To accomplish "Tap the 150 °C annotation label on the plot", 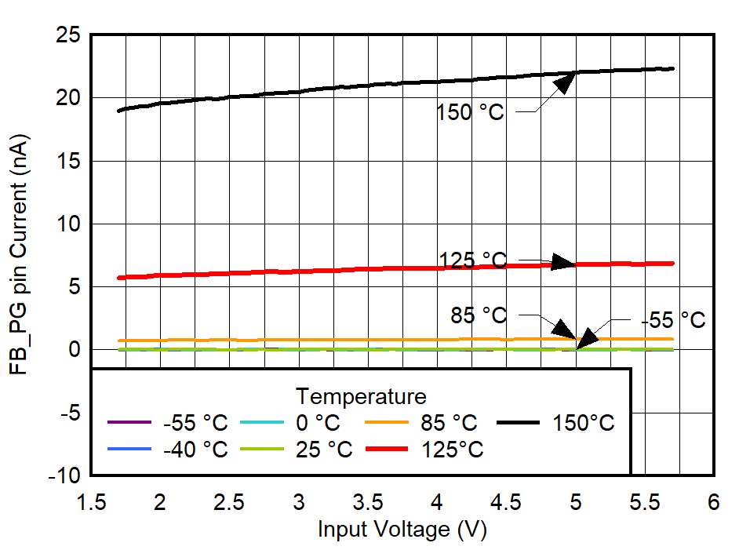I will [470, 112].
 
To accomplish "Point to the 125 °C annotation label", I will [473, 260].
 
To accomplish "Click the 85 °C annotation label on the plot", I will [479, 315].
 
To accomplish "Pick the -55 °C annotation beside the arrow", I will [673, 320].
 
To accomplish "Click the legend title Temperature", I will [361, 395].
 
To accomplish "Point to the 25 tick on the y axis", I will [69, 35].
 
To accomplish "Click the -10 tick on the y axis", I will [65, 475].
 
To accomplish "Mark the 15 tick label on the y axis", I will [69, 161].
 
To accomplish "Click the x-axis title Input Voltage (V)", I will [402, 530].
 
